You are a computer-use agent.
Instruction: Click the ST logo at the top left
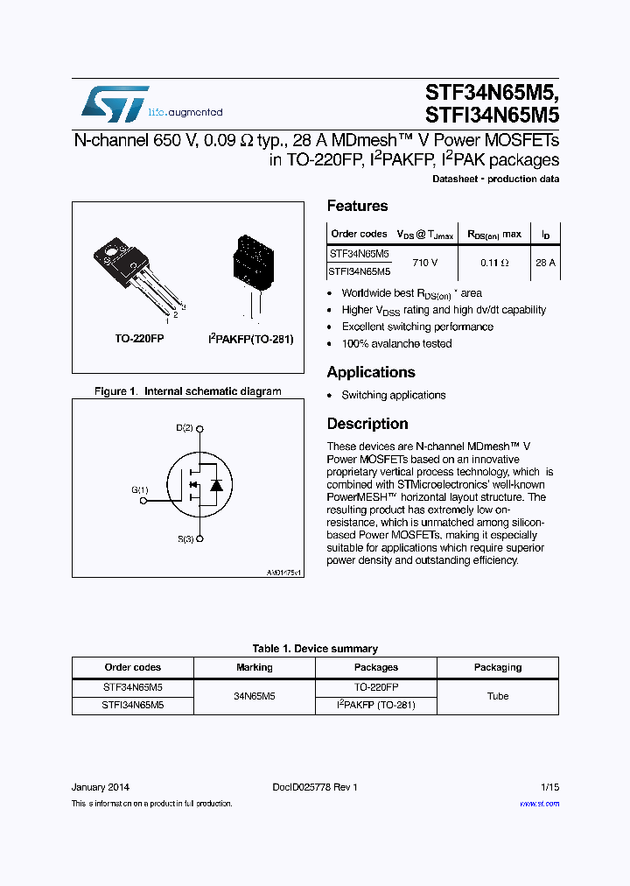(x=115, y=104)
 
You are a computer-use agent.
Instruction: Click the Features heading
(x=357, y=206)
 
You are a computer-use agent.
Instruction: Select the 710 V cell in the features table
(x=423, y=262)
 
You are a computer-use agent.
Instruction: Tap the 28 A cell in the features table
(x=545, y=262)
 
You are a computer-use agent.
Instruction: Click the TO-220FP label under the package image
(x=139, y=338)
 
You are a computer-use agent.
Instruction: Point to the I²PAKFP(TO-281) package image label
(x=250, y=338)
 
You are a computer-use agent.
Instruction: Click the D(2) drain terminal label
(x=185, y=428)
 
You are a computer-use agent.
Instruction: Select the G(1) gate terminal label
(x=140, y=490)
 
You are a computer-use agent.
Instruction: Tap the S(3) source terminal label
(x=185, y=539)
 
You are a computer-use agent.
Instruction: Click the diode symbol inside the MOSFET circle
(x=216, y=484)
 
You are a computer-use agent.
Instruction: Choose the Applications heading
(x=371, y=372)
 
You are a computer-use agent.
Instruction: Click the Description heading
(x=367, y=424)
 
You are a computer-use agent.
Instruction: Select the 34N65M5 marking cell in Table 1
(x=255, y=696)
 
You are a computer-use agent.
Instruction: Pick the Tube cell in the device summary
(x=497, y=696)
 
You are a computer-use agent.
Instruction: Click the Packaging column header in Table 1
(x=497, y=667)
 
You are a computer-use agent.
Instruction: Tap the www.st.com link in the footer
(x=539, y=804)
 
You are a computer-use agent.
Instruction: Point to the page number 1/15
(x=549, y=787)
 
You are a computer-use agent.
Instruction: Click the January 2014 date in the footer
(x=101, y=787)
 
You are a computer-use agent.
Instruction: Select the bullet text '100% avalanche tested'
(x=396, y=343)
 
